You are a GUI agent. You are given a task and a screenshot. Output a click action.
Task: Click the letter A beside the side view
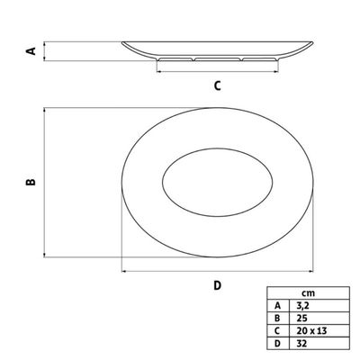coord(31,51)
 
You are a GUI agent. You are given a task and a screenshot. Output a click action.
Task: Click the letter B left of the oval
coord(31,182)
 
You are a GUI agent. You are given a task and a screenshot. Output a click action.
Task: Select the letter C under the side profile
coord(218,85)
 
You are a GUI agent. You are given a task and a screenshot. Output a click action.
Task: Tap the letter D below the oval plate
coord(218,285)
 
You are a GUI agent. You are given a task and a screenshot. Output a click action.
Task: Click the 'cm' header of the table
coord(308,292)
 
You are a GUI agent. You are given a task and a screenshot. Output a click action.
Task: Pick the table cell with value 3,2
coord(319,305)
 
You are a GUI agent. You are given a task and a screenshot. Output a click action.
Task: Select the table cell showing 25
coord(319,318)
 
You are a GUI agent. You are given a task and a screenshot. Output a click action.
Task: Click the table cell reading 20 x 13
coord(319,330)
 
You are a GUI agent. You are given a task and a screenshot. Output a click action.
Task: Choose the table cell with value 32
coord(319,343)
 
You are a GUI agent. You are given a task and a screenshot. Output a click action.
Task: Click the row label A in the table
coord(278,305)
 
